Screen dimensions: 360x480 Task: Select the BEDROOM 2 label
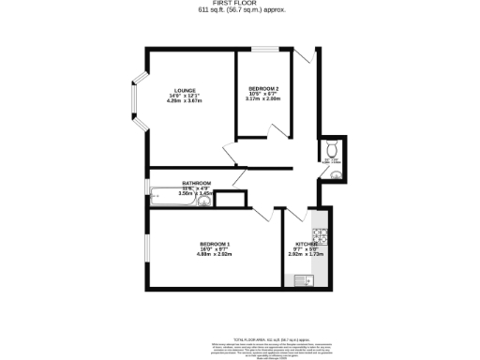(263, 88)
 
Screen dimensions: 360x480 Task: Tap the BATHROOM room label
(196, 183)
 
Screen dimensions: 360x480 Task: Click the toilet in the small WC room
(334, 148)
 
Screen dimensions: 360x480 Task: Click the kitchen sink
(302, 278)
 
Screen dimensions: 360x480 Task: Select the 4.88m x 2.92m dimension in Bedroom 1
(215, 254)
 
